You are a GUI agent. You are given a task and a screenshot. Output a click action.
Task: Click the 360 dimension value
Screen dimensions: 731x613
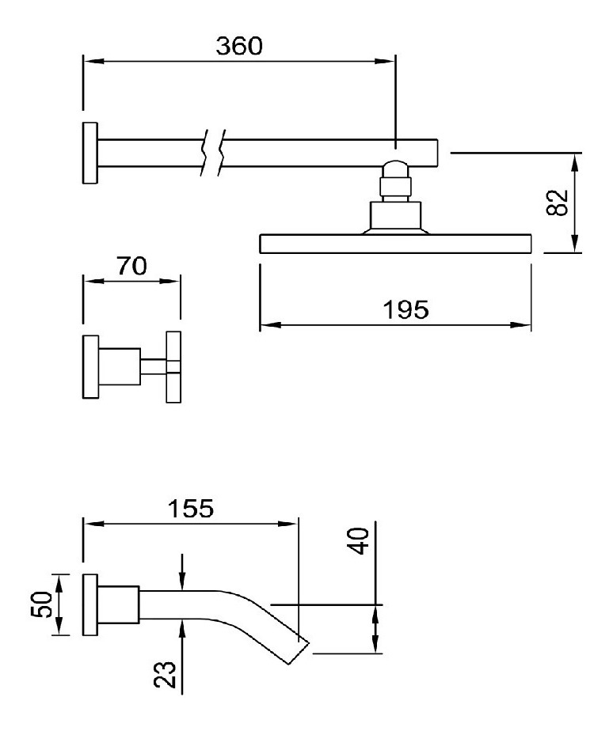pyautogui.click(x=238, y=46)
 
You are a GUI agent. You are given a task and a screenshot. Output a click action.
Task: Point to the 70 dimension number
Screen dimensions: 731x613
pyautogui.click(x=131, y=267)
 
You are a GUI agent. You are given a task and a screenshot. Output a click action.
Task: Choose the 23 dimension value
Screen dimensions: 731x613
pyautogui.click(x=165, y=674)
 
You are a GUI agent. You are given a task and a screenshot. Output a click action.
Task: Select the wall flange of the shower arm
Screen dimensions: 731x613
pyautogui.click(x=89, y=153)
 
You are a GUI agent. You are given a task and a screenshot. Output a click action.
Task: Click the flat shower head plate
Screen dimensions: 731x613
pyautogui.click(x=394, y=244)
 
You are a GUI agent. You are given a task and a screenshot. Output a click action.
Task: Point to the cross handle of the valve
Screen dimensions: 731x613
pyautogui.click(x=173, y=366)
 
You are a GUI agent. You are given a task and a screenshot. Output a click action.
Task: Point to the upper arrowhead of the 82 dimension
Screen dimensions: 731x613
pyautogui.click(x=576, y=161)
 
